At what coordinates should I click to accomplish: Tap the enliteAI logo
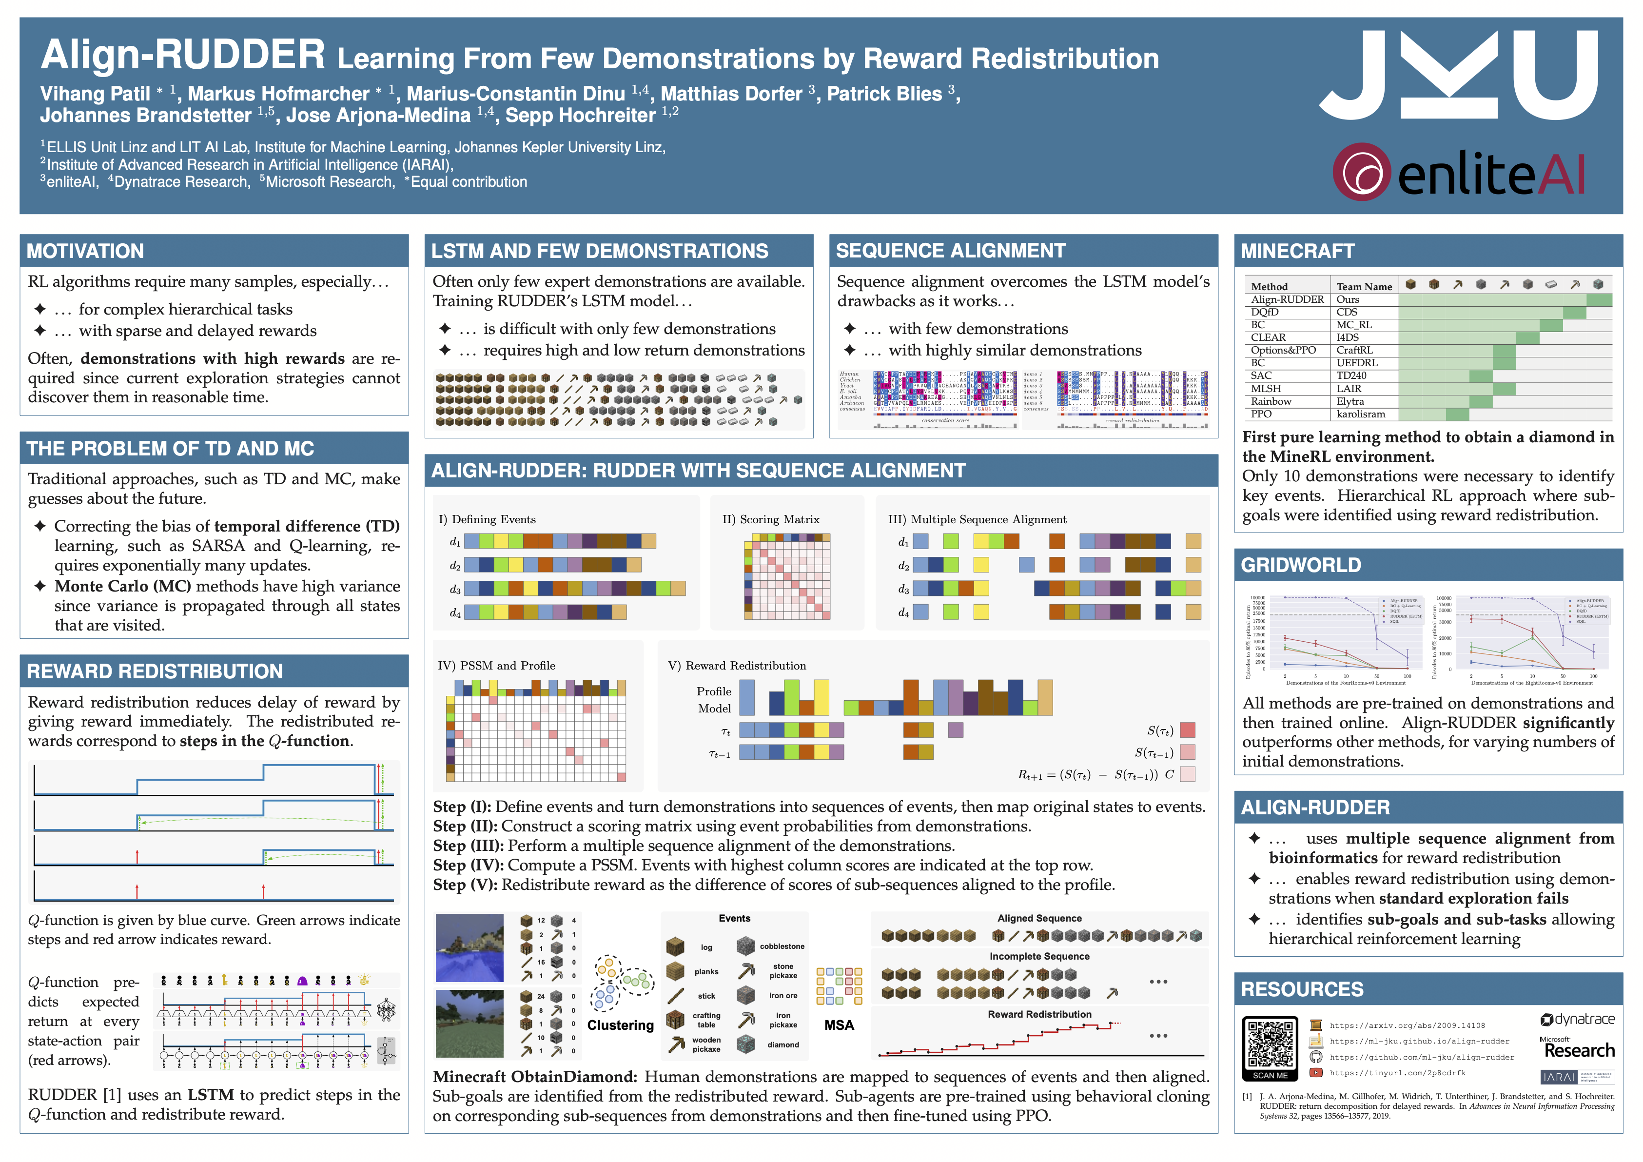1458,173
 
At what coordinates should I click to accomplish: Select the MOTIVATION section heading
85,251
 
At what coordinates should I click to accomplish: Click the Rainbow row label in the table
1271,401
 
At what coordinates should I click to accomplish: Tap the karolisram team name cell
1360,414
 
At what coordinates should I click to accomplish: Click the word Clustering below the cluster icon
621,1025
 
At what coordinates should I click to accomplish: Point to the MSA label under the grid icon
839,1025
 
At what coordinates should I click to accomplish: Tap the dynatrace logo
1577,1019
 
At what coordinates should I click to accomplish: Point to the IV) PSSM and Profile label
496,666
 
